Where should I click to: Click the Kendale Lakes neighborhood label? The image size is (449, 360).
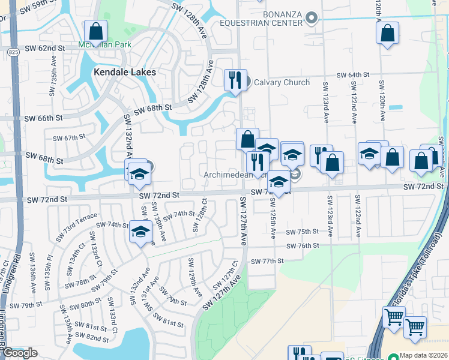[x=124, y=72]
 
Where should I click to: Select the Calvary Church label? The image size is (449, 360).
[x=282, y=83]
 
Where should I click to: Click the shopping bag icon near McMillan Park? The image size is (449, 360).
[x=95, y=31]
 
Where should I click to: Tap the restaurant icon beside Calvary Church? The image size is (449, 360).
[x=235, y=80]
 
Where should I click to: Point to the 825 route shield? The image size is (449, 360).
[x=13, y=53]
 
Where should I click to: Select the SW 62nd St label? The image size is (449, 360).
[x=45, y=48]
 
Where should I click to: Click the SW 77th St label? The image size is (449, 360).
[x=267, y=261]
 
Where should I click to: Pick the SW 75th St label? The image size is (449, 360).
[x=301, y=232]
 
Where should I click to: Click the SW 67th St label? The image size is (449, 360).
[x=69, y=138]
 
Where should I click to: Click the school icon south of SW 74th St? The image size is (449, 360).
[x=140, y=233]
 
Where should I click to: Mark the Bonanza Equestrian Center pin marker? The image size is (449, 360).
[x=311, y=19]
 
